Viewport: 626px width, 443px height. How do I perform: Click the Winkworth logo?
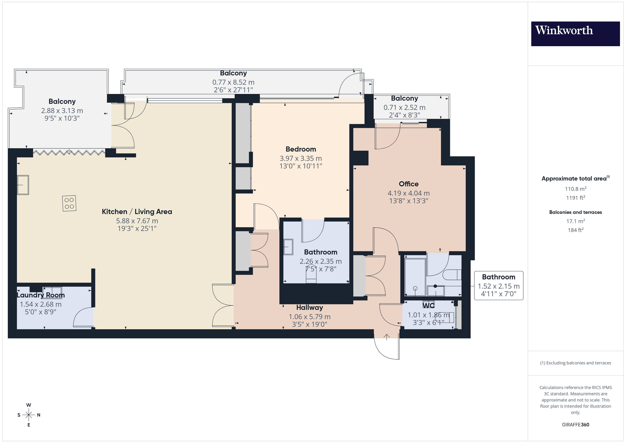coord(575,34)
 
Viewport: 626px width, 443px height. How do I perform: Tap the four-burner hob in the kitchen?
coord(69,203)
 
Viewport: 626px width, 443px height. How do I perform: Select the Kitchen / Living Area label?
coord(137,212)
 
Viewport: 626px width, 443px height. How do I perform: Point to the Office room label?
coord(408,184)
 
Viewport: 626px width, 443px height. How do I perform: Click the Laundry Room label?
coord(41,295)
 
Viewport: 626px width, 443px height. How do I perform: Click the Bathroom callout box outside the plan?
coord(498,285)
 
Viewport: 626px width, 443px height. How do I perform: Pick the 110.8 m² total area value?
coord(575,189)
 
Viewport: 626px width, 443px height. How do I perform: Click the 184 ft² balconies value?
coord(575,230)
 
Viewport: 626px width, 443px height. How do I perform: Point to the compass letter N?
coord(39,415)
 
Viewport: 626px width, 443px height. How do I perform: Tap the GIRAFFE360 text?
coord(575,424)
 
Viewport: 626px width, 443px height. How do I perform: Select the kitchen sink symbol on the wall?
coord(23,185)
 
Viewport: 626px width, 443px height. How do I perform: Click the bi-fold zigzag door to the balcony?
coord(69,152)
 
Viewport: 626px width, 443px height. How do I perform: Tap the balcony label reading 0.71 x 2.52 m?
coord(404,108)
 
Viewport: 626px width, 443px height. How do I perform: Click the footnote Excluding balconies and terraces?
coord(575,363)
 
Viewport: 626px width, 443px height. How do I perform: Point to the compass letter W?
coord(29,405)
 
